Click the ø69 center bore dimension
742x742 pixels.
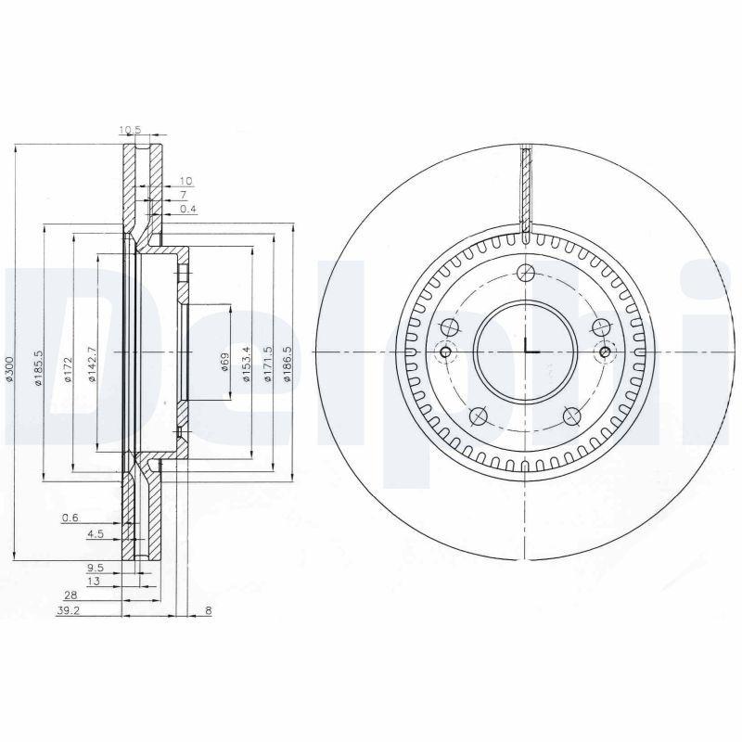pos(225,362)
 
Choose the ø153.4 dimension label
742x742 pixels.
pos(247,361)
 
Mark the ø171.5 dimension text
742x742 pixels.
pos(268,361)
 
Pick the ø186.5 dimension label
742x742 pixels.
pos(288,361)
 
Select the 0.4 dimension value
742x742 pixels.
pos(188,209)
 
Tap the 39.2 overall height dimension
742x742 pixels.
pos(68,611)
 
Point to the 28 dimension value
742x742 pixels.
pos(70,597)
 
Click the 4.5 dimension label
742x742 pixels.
pos(95,534)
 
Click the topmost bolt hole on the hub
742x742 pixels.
pos(527,272)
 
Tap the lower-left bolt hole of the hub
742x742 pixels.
pos(479,415)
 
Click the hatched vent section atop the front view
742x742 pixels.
pos(526,190)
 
